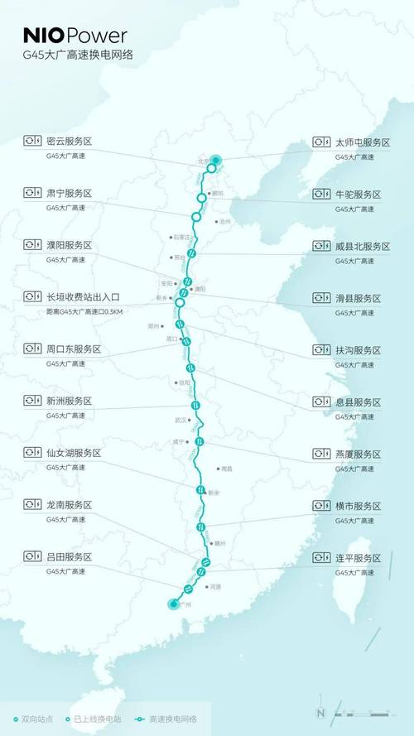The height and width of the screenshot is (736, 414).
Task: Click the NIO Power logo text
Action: coord(75,36)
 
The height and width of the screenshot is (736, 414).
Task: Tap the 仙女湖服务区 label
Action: coord(74,453)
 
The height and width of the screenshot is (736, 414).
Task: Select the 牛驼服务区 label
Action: coord(359,194)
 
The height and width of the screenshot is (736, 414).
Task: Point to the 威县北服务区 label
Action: coord(363,246)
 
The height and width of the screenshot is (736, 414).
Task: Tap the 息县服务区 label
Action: coord(359,402)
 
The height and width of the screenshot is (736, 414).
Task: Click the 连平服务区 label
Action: coord(359,557)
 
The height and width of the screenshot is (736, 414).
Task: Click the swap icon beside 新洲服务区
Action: coord(32,401)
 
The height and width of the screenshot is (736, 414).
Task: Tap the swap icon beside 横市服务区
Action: coord(321,505)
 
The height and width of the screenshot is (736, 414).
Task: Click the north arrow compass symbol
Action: coord(320,714)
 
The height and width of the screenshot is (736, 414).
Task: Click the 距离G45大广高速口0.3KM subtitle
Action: coord(84,312)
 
